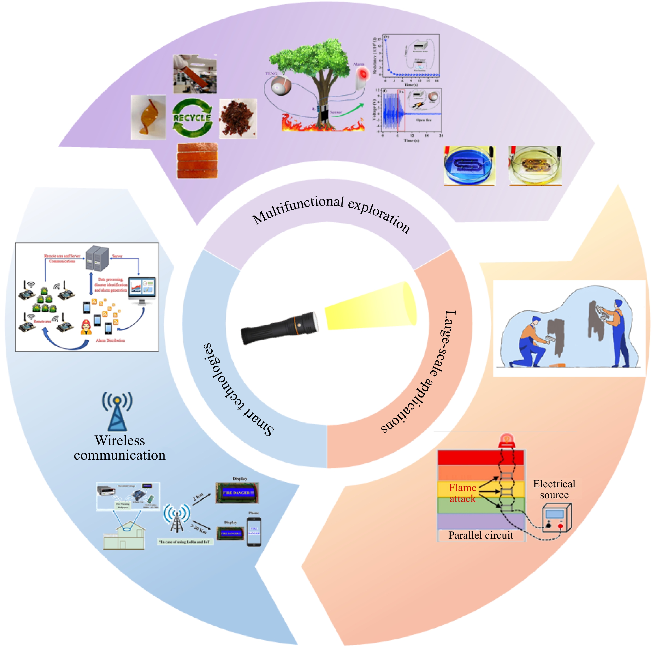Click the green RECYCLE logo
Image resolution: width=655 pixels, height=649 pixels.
click(x=192, y=118)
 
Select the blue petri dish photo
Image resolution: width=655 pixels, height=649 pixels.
click(x=469, y=165)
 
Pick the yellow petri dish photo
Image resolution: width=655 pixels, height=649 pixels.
click(x=535, y=165)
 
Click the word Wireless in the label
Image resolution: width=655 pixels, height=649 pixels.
click(x=120, y=440)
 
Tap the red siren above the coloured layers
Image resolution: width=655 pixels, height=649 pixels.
click(x=506, y=440)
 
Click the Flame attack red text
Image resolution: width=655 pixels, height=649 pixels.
click(x=462, y=493)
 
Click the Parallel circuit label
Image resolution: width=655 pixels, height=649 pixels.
click(x=480, y=535)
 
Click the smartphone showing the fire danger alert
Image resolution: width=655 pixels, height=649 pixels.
click(x=254, y=531)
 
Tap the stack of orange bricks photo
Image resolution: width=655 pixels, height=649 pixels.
click(x=197, y=160)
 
